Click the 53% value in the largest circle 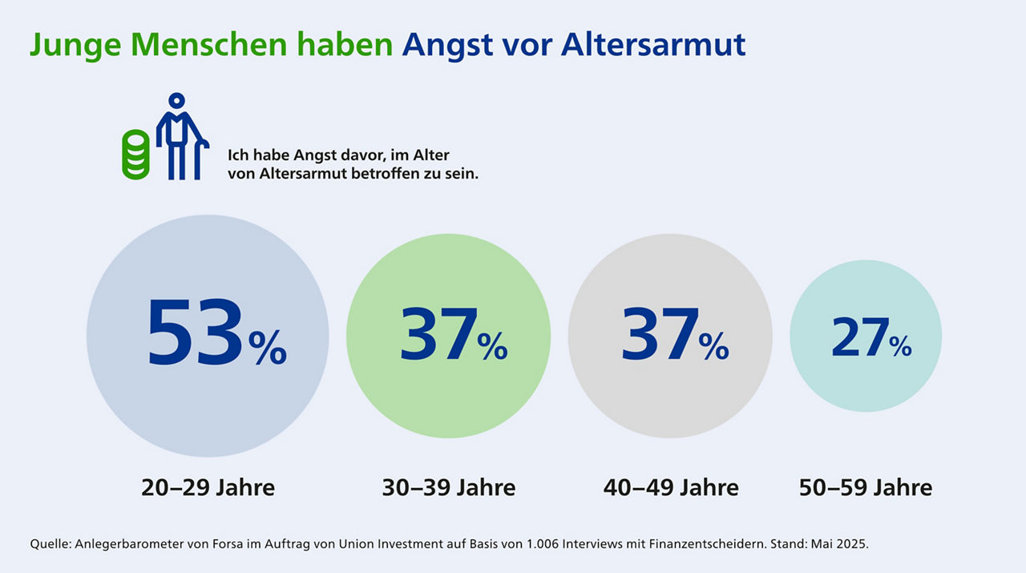(x=216, y=336)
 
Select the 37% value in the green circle (x=453, y=336)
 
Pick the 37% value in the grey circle (x=674, y=336)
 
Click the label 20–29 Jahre (x=208, y=487)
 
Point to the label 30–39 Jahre (x=449, y=487)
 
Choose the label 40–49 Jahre (x=671, y=487)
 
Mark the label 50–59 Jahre (x=866, y=487)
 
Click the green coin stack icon (x=135, y=155)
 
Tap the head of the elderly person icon (x=176, y=102)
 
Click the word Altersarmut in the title (x=653, y=45)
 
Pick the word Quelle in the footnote (x=50, y=544)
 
